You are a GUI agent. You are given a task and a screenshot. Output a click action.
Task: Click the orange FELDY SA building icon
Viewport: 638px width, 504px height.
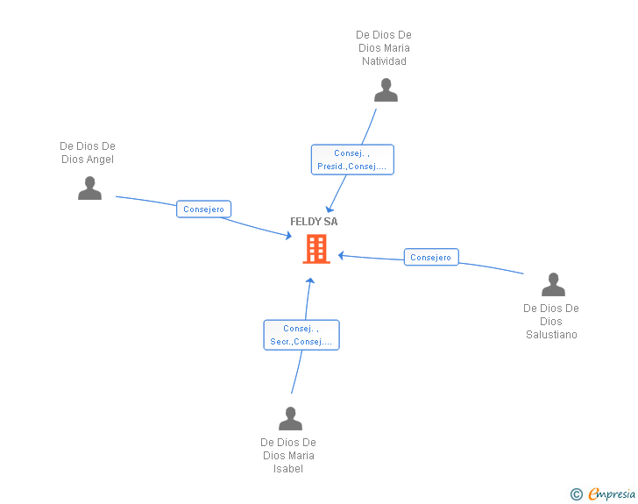(x=315, y=249)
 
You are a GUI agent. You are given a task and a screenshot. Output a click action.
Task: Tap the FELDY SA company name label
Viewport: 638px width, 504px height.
(x=314, y=222)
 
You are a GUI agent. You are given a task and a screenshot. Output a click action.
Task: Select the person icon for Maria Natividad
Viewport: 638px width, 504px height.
(x=386, y=89)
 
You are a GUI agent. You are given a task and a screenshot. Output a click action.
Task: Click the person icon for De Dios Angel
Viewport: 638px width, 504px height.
(x=89, y=188)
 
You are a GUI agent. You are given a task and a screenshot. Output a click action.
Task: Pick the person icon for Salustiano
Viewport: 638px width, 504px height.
(x=553, y=285)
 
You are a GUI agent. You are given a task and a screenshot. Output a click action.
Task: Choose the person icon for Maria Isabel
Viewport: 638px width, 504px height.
(x=290, y=419)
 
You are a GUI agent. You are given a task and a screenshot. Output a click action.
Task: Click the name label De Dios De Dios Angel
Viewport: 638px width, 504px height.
(x=88, y=153)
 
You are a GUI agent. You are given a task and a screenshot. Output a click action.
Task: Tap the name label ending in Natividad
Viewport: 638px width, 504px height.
(x=384, y=48)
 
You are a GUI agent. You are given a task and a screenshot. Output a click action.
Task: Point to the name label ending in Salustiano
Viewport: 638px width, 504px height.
(x=551, y=321)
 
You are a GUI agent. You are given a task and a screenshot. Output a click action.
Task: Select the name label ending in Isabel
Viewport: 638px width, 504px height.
(x=288, y=455)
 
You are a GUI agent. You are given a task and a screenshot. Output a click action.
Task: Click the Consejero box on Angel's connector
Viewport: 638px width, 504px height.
(x=204, y=209)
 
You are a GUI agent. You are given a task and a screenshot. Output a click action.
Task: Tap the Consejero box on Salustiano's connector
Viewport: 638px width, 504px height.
(x=430, y=258)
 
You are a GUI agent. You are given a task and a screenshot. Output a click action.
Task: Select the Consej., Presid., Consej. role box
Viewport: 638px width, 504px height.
(x=352, y=160)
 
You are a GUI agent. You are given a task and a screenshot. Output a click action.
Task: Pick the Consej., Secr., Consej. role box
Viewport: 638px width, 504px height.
(x=301, y=335)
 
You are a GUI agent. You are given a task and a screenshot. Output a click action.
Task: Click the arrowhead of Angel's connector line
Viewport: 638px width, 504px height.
(x=287, y=235)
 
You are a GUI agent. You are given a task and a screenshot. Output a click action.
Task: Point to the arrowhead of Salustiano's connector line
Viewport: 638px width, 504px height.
(x=341, y=256)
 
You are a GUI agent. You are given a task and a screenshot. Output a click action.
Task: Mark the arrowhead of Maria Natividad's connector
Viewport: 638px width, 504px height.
(x=329, y=209)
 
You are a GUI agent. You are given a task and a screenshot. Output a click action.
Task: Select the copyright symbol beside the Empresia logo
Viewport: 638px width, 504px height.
(x=577, y=494)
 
